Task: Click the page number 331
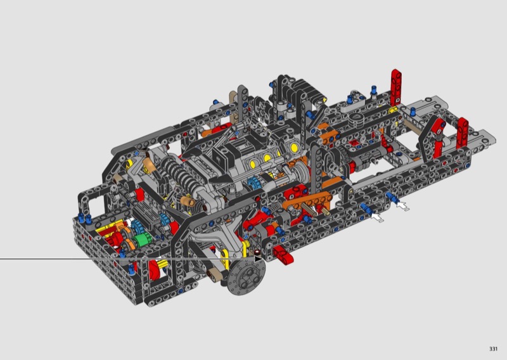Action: pos(493,349)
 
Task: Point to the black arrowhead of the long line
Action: pos(259,259)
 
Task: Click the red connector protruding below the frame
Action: pos(283,254)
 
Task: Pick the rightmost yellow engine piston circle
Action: pos(294,148)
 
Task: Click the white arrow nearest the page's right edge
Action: pos(402,205)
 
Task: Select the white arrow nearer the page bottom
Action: pos(377,217)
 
